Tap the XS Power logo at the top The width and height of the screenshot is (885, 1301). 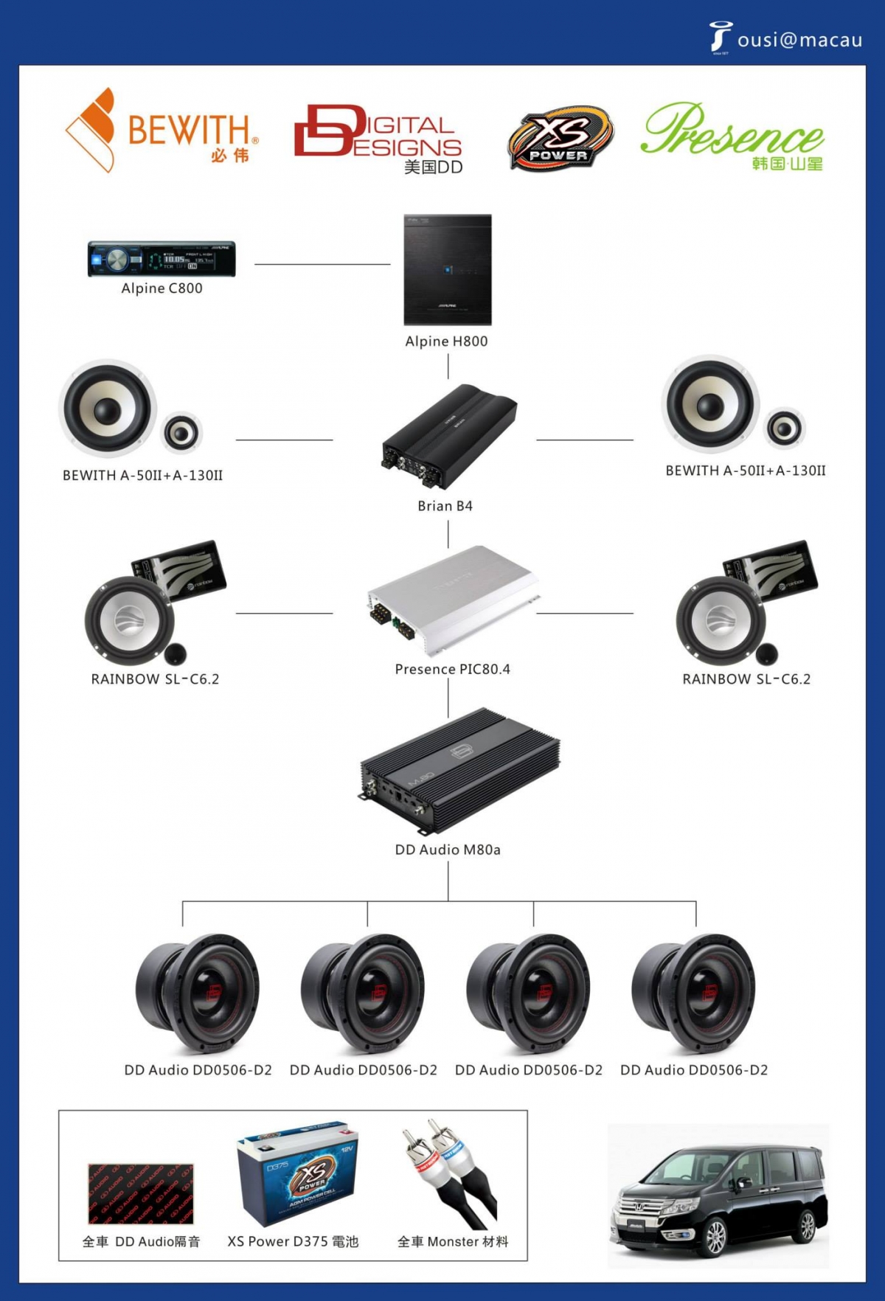(x=560, y=138)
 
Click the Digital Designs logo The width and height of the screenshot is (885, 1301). (x=378, y=136)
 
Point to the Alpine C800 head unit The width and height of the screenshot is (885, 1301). (x=162, y=259)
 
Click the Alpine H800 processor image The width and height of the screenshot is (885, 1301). (x=448, y=269)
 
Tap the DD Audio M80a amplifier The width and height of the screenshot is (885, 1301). (x=459, y=771)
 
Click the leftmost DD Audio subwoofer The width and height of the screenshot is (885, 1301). (x=198, y=993)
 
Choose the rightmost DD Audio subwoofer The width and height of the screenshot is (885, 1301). (x=694, y=993)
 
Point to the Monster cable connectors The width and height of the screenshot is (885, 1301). (x=450, y=1173)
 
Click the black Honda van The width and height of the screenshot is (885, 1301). (x=718, y=1199)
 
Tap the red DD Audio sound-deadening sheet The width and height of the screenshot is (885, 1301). (x=141, y=1193)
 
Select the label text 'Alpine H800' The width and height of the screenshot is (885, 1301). (x=446, y=341)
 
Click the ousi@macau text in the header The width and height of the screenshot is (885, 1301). (x=799, y=40)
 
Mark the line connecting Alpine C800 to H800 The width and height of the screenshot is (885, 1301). (x=322, y=263)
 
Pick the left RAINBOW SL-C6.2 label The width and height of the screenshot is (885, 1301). (x=155, y=679)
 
